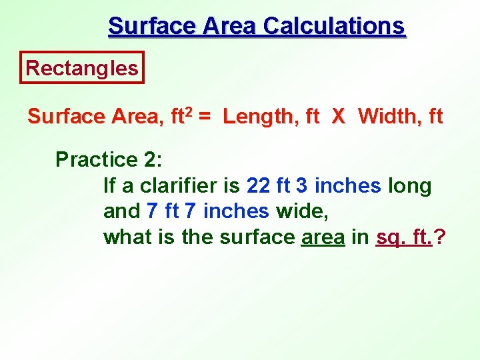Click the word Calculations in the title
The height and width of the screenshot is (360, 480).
pyautogui.click(x=334, y=26)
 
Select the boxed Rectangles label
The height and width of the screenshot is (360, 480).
pyautogui.click(x=82, y=68)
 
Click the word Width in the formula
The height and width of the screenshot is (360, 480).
pyautogui.click(x=385, y=117)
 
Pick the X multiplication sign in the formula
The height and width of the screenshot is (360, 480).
pyautogui.click(x=338, y=117)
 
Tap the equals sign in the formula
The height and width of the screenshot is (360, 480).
pyautogui.click(x=205, y=117)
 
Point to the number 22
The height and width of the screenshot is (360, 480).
pyautogui.click(x=259, y=186)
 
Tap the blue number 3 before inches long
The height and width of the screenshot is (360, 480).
pyautogui.click(x=301, y=186)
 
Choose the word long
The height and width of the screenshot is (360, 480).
pyautogui.click(x=410, y=186)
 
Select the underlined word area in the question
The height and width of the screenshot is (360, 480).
pyautogui.click(x=323, y=237)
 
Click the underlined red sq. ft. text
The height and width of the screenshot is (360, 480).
pyautogui.click(x=404, y=237)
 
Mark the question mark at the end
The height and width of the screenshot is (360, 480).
pyautogui.click(x=440, y=237)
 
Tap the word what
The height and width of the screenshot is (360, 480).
pyautogui.click(x=124, y=237)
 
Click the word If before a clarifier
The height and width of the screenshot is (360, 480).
pyautogui.click(x=110, y=186)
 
